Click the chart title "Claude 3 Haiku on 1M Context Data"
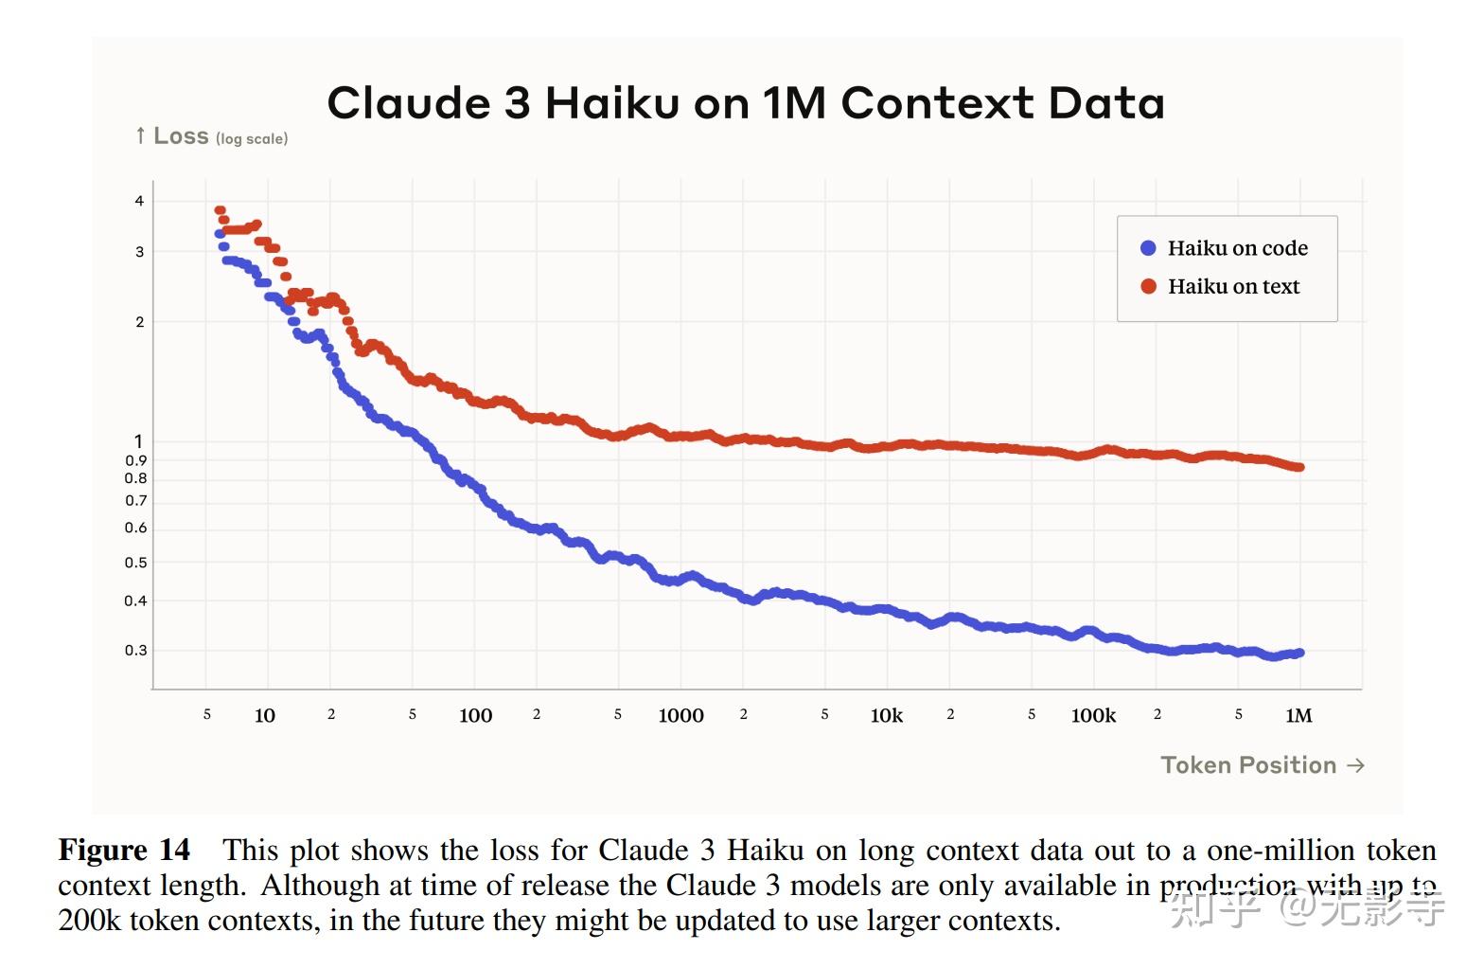pyautogui.click(x=746, y=103)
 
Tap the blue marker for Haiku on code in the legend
pyautogui.click(x=1148, y=248)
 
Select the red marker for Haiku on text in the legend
pyautogui.click(x=1148, y=286)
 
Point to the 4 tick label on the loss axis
pyautogui.click(x=140, y=201)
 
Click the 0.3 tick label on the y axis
pyautogui.click(x=136, y=651)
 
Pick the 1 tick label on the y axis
pyautogui.click(x=139, y=441)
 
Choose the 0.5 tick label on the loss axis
pyautogui.click(x=136, y=563)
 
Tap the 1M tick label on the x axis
pyautogui.click(x=1298, y=716)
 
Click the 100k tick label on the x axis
pyautogui.click(x=1093, y=716)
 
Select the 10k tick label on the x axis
pyautogui.click(x=887, y=716)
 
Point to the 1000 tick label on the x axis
pyautogui.click(x=680, y=716)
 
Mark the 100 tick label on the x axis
pyautogui.click(x=475, y=716)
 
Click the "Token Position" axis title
pyautogui.click(x=1248, y=765)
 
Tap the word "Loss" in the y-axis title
pyautogui.click(x=181, y=136)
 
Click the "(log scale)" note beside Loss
pyautogui.click(x=252, y=139)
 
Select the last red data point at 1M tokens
pyautogui.click(x=1299, y=467)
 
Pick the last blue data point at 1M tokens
pyautogui.click(x=1299, y=653)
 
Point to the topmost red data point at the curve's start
pyautogui.click(x=220, y=210)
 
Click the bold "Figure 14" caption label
pyautogui.click(x=124, y=850)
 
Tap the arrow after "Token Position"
pyautogui.click(x=1355, y=765)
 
